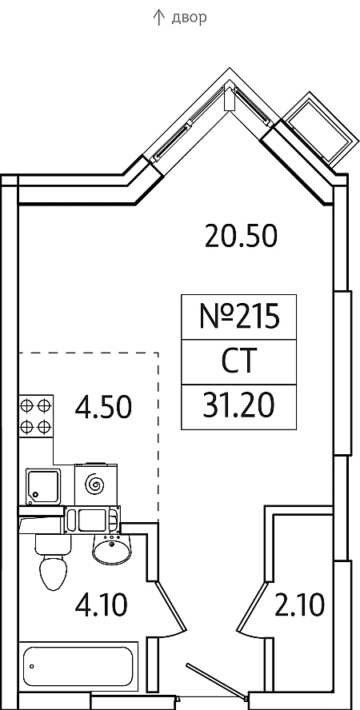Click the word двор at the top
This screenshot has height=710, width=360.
tap(190, 18)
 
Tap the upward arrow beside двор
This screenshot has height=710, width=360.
tap(158, 18)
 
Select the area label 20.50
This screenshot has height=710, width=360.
tap(241, 237)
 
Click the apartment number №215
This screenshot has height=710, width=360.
tap(238, 317)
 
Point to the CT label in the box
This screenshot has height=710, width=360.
tap(238, 361)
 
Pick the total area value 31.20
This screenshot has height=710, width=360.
tap(238, 406)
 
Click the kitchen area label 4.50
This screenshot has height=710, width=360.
tap(104, 407)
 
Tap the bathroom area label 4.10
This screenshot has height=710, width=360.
tap(102, 605)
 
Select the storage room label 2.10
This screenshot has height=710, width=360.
tap(299, 605)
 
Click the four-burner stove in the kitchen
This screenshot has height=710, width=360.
tap(36, 416)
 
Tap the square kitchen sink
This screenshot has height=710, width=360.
tap(43, 486)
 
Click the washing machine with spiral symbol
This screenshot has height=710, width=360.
tap(95, 485)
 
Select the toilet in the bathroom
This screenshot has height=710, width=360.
tap(53, 561)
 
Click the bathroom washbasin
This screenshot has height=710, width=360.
tap(111, 548)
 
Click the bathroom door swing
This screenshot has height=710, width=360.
tap(171, 607)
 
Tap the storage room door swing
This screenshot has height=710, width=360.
tap(252, 607)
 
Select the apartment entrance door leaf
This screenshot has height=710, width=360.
tap(216, 681)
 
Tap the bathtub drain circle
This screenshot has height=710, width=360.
tap(32, 666)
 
